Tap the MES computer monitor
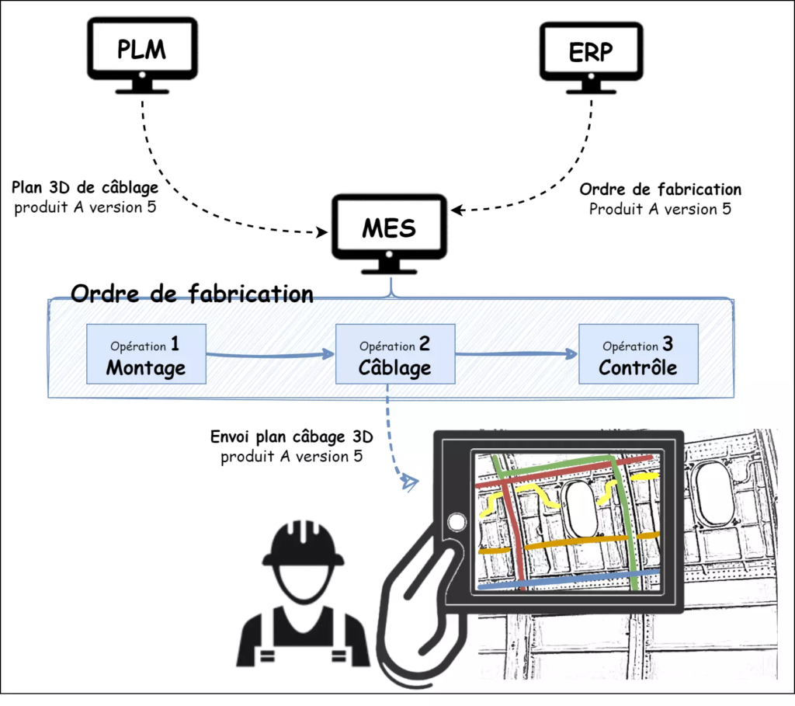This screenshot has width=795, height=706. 388,228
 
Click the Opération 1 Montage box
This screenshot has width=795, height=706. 146,354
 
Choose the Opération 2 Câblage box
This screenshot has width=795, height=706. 394,354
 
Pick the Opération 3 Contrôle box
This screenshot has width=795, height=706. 637,354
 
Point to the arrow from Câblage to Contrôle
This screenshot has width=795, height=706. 516,354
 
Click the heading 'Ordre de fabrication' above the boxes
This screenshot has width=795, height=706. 192,294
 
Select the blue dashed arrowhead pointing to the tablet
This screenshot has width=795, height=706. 408,484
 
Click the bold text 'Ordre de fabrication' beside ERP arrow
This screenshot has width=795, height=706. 660,190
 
